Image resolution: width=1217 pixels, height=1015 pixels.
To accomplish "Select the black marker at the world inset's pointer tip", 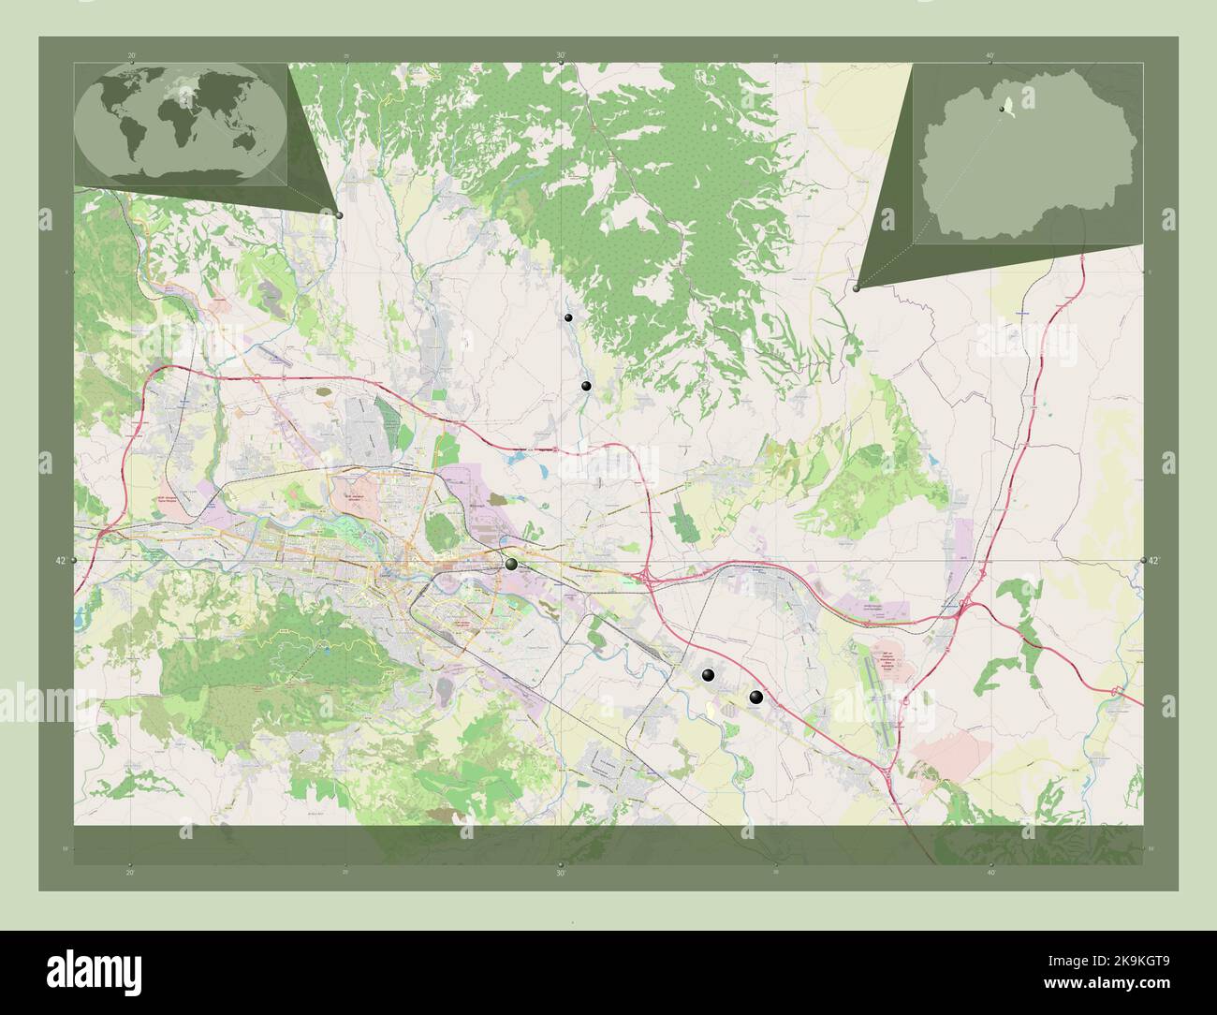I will click(339, 215).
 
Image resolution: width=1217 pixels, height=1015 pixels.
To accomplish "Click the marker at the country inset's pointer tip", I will click(857, 288).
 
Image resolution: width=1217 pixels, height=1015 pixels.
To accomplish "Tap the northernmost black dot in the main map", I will click(568, 318).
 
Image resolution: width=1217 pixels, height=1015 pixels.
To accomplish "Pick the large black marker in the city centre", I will click(511, 564).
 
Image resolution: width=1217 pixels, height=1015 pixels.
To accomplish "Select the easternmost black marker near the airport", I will click(756, 697).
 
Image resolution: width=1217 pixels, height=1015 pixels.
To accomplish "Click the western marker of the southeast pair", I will click(709, 675).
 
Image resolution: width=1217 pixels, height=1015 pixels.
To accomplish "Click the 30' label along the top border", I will click(560, 55).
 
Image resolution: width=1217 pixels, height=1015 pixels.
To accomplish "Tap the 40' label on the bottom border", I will click(990, 873).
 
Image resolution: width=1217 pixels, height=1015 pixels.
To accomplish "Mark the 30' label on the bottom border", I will click(560, 873).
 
